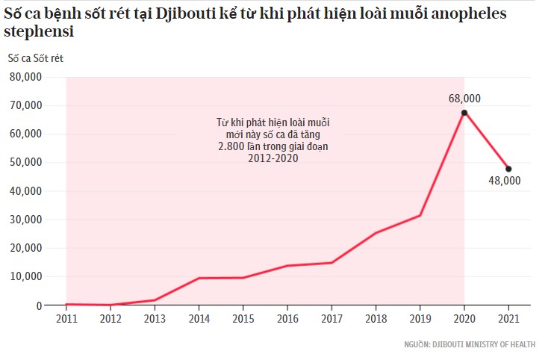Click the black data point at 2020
point(464,113)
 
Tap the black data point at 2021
point(508,169)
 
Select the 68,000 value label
point(464,98)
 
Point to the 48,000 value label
point(505,181)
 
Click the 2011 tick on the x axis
point(66,318)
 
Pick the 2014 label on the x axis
point(199,318)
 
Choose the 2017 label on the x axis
point(331,318)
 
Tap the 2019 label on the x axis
point(420,318)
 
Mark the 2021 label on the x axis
point(508,318)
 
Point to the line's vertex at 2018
point(376,233)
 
